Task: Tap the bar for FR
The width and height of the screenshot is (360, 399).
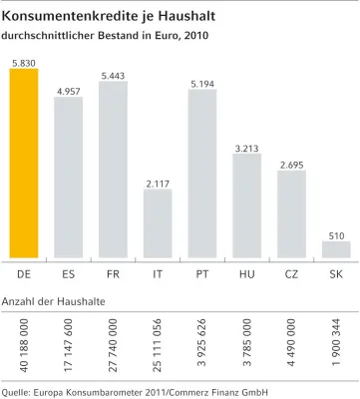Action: point(113,170)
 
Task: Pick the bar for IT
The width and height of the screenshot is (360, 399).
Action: point(157,223)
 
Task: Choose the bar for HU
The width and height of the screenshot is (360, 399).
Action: point(246,205)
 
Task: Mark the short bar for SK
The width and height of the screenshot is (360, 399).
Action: point(335,249)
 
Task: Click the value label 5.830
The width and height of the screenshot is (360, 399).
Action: point(23,62)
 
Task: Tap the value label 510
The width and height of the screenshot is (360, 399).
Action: point(335,234)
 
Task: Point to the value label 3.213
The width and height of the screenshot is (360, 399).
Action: point(246,148)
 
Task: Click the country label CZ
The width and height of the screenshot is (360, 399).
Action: point(291,271)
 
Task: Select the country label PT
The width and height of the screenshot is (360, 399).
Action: point(201,271)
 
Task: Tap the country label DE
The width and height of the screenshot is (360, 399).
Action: point(23,271)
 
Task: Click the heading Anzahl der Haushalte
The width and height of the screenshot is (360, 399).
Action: point(54,299)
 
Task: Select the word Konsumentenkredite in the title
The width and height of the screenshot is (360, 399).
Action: point(70,15)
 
